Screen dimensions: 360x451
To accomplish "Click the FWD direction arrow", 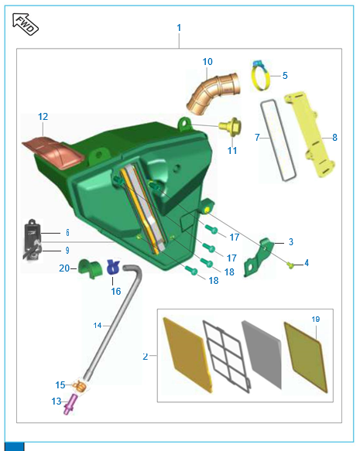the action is click(x=26, y=24).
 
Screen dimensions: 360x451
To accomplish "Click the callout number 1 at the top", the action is click(x=179, y=28).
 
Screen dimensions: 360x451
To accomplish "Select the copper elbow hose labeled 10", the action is click(x=213, y=94).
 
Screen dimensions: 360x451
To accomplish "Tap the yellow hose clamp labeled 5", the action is click(x=260, y=76).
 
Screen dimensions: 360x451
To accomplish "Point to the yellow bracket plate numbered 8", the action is click(x=310, y=134).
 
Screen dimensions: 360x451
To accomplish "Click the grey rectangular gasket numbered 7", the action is click(x=278, y=140).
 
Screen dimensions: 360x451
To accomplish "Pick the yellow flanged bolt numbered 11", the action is click(x=230, y=126).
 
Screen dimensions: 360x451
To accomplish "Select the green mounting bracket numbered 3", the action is click(x=259, y=257).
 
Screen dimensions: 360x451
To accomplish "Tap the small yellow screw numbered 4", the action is click(x=290, y=265).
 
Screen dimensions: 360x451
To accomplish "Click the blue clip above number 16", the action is click(x=113, y=267).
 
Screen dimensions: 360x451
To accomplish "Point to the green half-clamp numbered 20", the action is click(x=88, y=268).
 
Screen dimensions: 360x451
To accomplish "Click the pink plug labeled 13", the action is click(x=70, y=404).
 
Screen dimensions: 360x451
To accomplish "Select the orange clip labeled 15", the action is click(x=80, y=386).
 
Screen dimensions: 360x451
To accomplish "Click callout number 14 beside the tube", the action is click(x=98, y=326).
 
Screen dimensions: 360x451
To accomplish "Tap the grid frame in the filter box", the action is click(x=226, y=356).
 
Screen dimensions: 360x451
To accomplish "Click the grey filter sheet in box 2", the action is click(x=262, y=354).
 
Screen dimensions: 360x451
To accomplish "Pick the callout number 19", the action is click(x=316, y=319).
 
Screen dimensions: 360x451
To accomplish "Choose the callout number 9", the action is click(x=67, y=250).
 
